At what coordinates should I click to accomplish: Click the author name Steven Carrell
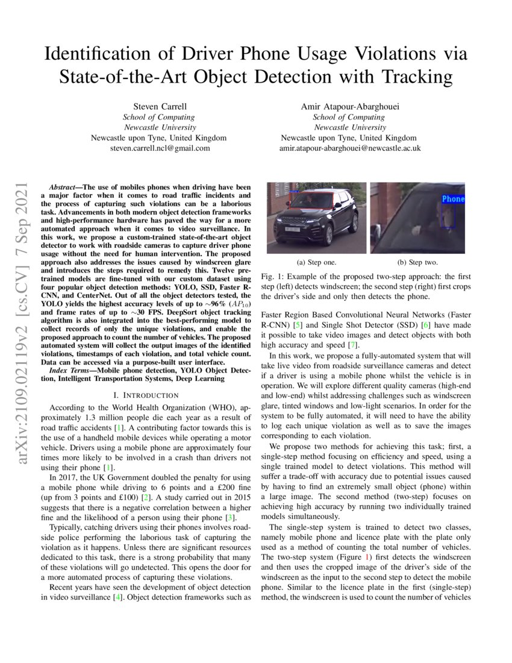click(159, 107)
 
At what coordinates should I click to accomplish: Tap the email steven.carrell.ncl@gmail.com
click(159, 148)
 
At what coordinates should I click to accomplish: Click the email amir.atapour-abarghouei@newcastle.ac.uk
click(350, 148)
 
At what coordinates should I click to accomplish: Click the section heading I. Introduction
click(146, 395)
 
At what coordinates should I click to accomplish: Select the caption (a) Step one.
click(317, 262)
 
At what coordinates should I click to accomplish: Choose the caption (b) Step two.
click(417, 262)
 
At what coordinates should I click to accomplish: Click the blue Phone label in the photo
click(453, 199)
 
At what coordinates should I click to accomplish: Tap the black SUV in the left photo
click(313, 220)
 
